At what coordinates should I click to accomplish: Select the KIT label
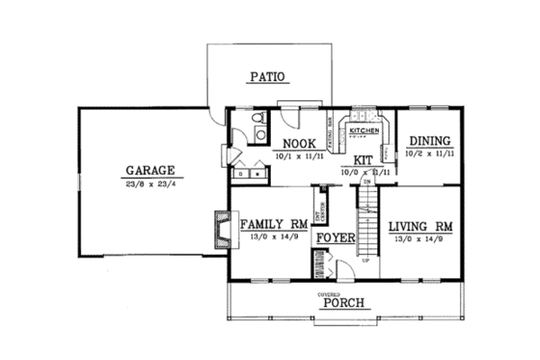pos(364,159)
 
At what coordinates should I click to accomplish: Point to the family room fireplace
pos(219,228)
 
